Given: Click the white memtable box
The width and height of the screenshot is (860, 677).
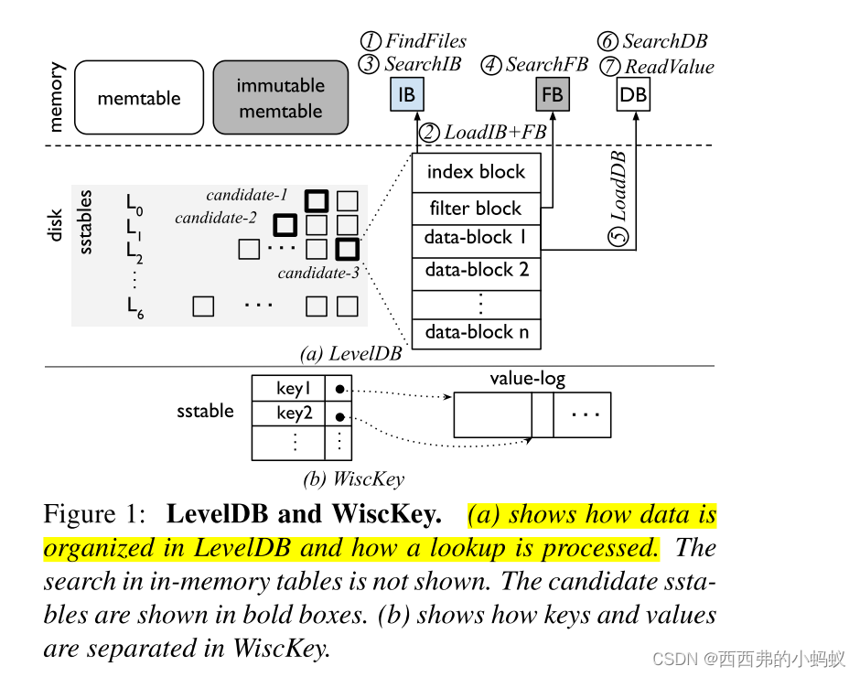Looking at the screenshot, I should coord(139,98).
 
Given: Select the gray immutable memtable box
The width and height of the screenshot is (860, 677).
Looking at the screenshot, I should coord(280,98).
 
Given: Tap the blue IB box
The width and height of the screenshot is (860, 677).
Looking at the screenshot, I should coord(406,94).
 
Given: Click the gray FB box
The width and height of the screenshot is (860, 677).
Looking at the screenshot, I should coord(552,94).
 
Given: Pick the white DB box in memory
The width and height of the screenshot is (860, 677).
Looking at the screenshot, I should coord(633,94).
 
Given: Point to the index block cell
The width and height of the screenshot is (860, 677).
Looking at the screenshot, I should coord(476,172).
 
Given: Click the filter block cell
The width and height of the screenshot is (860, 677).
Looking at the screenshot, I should coord(476,209).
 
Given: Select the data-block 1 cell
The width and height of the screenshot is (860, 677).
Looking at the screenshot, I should coord(476,238).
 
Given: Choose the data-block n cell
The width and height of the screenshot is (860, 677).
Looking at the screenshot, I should coord(476,332).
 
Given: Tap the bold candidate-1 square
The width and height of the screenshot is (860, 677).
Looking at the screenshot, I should coord(317,200).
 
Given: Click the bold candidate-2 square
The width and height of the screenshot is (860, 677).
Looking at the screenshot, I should coord(285,224).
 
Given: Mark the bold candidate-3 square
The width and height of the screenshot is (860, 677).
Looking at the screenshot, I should coord(347,248).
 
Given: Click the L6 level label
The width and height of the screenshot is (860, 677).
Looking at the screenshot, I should coord(135,308).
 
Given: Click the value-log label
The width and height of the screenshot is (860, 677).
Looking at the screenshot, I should coord(527,379).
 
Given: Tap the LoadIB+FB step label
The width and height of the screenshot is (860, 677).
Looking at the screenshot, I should coord(485,133).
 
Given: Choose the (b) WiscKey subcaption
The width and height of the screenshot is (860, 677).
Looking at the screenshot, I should coord(353,478).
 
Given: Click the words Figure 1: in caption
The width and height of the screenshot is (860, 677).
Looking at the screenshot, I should coord(95,515).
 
